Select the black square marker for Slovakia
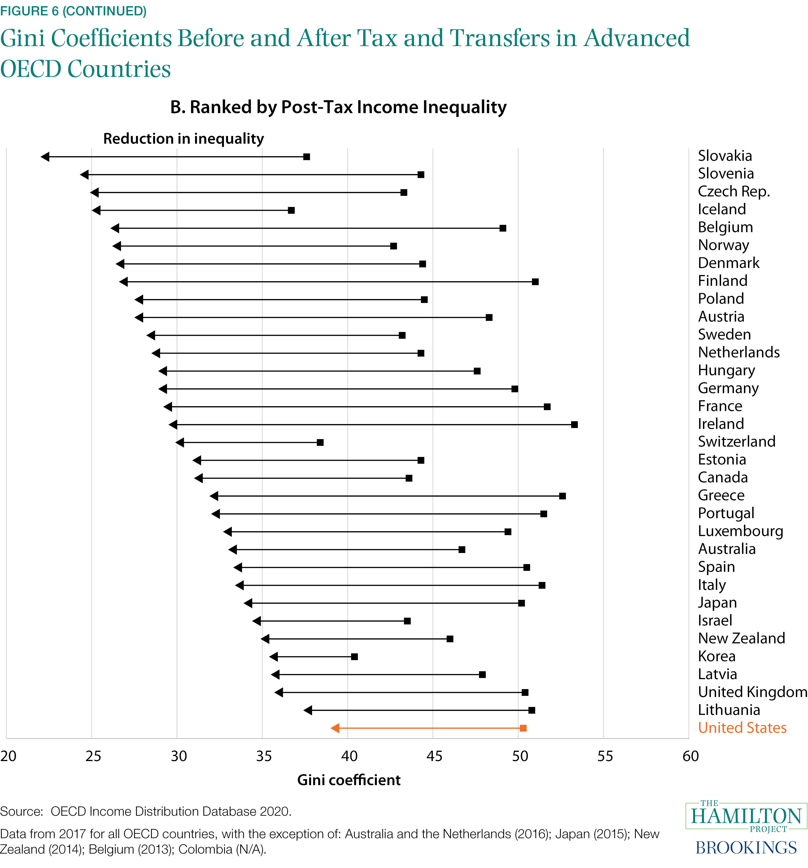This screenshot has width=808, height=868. pos(307,157)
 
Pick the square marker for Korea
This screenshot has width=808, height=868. pos(354,657)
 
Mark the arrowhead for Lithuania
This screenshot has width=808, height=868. pos(308,710)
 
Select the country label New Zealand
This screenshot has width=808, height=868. pos(741,638)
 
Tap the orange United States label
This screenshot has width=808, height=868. pos(742,728)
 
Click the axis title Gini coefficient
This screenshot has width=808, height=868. pos(349,780)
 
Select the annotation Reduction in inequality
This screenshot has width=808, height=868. pos(184,139)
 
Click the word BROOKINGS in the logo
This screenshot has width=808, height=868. pos(746,848)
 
